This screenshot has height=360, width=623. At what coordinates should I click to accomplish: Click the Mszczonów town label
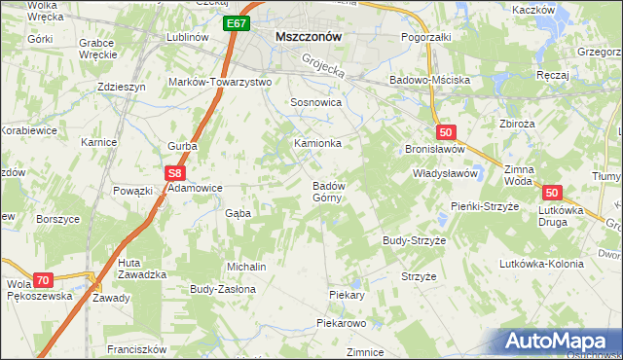click(x=308, y=36)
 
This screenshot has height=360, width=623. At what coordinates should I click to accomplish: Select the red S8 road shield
click(x=174, y=173)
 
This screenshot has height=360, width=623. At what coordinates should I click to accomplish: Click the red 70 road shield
click(x=41, y=279)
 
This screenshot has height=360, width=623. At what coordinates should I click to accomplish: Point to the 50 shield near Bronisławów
click(x=445, y=132)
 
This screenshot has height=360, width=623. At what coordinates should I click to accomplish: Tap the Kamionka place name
click(x=317, y=143)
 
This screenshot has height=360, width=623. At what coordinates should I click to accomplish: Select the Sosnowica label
click(x=315, y=101)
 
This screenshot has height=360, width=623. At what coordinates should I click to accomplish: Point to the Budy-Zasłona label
click(x=222, y=289)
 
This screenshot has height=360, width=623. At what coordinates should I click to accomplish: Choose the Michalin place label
click(x=246, y=266)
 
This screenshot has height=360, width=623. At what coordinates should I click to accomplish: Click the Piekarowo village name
click(x=340, y=322)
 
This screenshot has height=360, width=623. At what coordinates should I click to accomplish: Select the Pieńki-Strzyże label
click(x=488, y=206)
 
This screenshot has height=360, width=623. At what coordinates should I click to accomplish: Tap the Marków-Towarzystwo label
click(x=220, y=82)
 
